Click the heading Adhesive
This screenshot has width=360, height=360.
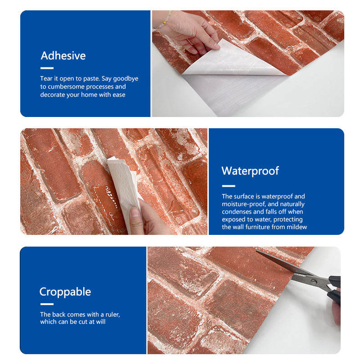63,56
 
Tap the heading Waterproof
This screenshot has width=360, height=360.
250,171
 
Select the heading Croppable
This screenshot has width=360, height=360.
65,292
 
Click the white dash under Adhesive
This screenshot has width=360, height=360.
47,68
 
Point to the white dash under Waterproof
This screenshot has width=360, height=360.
229,186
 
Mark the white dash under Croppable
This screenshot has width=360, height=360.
47,304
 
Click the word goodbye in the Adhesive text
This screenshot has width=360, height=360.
126,79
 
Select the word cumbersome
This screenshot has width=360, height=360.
66,86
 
